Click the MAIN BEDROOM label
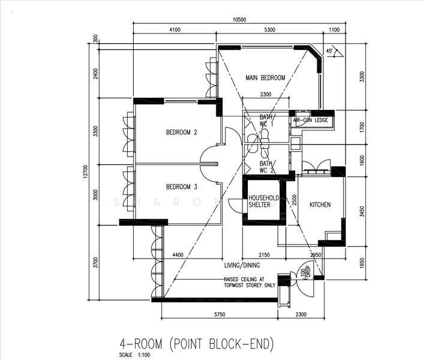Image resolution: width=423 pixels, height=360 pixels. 265,78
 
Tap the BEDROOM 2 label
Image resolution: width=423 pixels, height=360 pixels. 182,133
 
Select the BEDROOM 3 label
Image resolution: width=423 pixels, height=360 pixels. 182,187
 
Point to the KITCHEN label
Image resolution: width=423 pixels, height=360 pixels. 320,205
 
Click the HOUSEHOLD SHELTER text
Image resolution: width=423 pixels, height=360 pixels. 264,202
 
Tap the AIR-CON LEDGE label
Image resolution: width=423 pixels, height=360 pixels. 310,121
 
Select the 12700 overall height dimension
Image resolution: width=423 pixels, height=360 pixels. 86,173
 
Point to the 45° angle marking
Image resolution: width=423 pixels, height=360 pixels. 329,52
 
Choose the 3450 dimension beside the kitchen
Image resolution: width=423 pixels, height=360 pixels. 360,211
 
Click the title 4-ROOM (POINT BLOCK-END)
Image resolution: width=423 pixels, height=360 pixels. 197,344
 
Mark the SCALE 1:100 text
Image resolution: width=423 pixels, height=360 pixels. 136,355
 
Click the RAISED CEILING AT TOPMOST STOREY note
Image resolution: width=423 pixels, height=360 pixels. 250,283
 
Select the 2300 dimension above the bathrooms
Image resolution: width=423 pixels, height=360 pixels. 266,94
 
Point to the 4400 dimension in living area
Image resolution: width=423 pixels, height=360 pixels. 178,256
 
